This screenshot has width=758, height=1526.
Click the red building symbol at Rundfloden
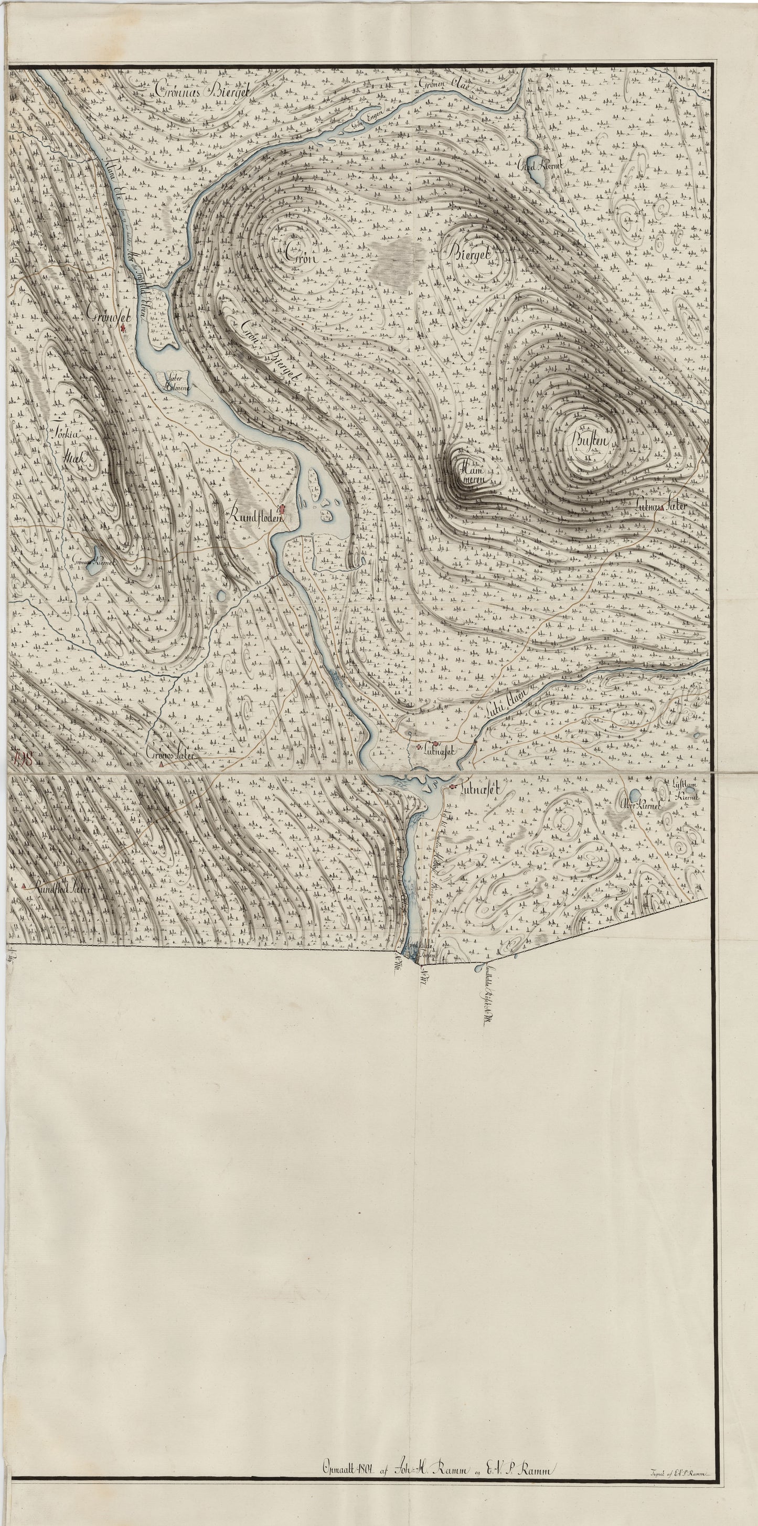tap(282, 509)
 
